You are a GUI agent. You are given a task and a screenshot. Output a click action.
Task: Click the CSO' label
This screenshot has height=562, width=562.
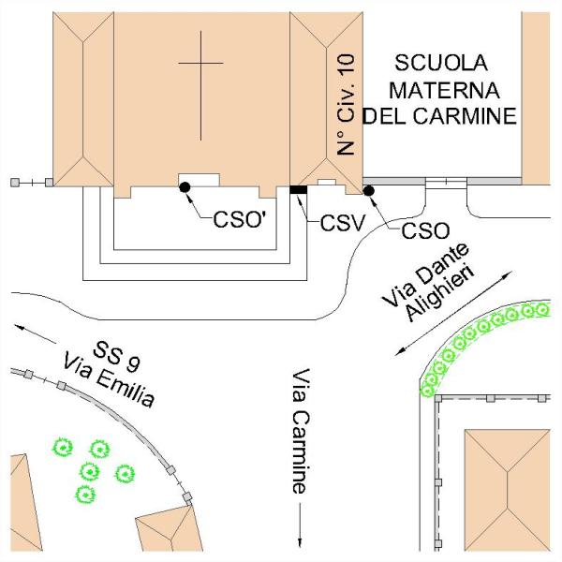pos(240,222)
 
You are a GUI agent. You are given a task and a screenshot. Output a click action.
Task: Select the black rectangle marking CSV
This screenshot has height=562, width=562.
pos(299,190)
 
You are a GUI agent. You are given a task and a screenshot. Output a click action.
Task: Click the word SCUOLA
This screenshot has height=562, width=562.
pos(441,64)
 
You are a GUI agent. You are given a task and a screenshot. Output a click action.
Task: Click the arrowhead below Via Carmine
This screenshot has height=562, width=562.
pos(300,538)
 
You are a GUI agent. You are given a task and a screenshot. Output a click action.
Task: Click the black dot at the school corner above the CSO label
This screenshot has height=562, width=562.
pos(368,190)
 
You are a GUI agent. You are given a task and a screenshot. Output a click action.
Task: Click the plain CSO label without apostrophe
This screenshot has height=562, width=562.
pos(423,229)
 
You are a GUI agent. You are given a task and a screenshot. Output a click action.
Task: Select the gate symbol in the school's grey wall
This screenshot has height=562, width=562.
pos(446,182)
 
